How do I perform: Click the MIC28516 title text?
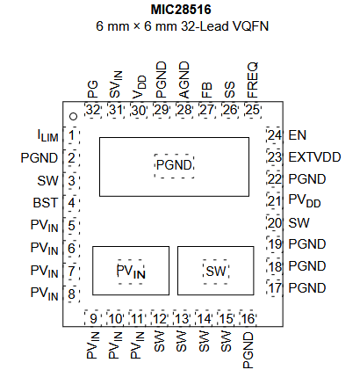point(181,10)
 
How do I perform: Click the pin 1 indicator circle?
point(73,117)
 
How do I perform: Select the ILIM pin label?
point(48,135)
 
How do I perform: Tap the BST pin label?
point(46,203)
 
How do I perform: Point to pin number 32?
point(93,110)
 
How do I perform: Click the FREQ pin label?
point(253,80)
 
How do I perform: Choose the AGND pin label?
point(184,80)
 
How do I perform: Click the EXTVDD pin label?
point(314,157)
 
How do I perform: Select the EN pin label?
point(298,135)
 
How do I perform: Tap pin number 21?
point(275,201)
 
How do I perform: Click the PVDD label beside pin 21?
point(305,201)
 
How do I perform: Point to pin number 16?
point(248,318)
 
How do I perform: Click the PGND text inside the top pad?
point(174,165)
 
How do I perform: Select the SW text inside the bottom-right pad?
point(216,272)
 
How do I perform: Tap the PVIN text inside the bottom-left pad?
point(131,272)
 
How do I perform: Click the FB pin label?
point(207,91)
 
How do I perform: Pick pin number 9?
point(93,318)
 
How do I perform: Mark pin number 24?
point(275,135)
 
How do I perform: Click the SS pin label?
point(230,90)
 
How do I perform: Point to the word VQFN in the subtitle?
point(250,26)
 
